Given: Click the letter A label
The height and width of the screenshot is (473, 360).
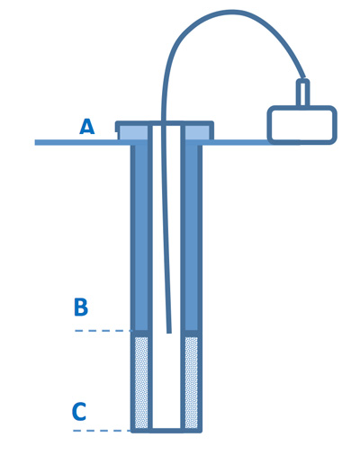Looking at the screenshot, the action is (87, 127).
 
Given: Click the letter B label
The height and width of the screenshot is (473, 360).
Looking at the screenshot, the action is (81, 307).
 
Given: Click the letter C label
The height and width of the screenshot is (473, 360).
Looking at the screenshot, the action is (79, 412).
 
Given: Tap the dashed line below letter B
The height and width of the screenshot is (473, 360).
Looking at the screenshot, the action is (103, 331).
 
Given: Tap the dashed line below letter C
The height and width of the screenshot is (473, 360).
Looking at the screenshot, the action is (102, 431).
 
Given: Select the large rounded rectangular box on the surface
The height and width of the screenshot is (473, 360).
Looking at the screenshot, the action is (302, 125).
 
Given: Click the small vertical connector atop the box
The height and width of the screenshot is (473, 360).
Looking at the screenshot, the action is (303, 93).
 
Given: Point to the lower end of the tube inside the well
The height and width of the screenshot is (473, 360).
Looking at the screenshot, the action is (169, 332).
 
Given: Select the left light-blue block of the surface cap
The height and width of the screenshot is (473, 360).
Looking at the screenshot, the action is (134, 133).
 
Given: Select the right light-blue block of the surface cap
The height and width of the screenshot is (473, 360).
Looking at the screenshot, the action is (197, 133).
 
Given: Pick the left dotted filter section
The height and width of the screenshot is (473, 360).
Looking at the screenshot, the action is (141, 382).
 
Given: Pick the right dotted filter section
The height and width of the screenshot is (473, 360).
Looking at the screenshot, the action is (191, 382).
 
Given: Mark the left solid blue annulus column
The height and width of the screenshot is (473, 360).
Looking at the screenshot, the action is (141, 237).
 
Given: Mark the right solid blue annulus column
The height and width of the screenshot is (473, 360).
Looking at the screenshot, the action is (191, 237).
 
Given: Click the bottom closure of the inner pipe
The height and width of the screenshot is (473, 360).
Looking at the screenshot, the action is (166, 430).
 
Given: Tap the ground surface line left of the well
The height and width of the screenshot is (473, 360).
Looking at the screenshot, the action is (83, 142).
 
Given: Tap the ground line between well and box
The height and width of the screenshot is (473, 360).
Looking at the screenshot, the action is (238, 142).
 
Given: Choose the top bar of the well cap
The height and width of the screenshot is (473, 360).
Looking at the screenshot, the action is (165, 123).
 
